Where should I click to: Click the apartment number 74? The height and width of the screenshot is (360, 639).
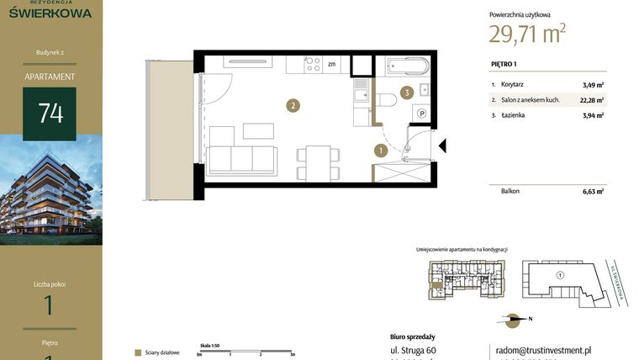click(50, 114)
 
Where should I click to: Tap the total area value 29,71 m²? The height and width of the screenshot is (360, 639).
click(527, 34)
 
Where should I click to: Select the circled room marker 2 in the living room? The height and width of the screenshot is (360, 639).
click(292, 106)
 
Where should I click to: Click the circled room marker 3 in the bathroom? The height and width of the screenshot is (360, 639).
click(406, 93)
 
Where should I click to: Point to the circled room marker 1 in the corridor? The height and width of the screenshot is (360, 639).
click(381, 151)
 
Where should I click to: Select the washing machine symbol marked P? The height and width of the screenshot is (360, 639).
click(422, 114)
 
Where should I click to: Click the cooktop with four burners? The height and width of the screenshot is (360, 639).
click(313, 63)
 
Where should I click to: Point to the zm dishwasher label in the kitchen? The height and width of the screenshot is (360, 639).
click(332, 64)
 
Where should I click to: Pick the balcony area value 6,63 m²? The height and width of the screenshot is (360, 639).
click(593, 192)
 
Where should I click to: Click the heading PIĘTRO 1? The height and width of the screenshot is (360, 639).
click(504, 64)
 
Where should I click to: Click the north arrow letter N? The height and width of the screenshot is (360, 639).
click(531, 319)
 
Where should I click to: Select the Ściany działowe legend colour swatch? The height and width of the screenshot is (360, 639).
click(137, 352)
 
